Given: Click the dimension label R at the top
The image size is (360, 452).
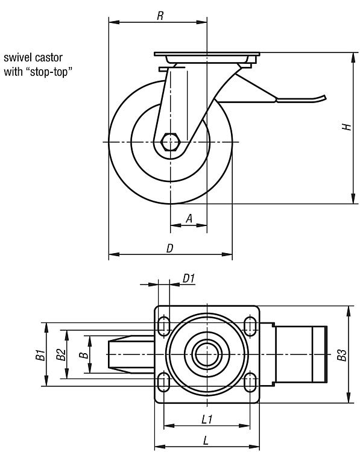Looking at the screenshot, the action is point(160,16).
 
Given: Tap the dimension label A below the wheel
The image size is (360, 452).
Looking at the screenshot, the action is point(189,219).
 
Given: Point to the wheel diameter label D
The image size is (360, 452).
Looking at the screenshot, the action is point(170,248).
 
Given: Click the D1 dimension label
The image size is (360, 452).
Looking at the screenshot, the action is point(189,279).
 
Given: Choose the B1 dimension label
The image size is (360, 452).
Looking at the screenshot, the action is point(40,354).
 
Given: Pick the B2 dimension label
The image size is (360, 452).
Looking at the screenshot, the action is point(61,354).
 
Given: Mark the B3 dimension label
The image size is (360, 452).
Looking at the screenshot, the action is point(341,355).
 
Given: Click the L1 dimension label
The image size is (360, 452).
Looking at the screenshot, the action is point(207,419).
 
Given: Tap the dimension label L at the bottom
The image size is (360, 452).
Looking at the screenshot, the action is point(206,441).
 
